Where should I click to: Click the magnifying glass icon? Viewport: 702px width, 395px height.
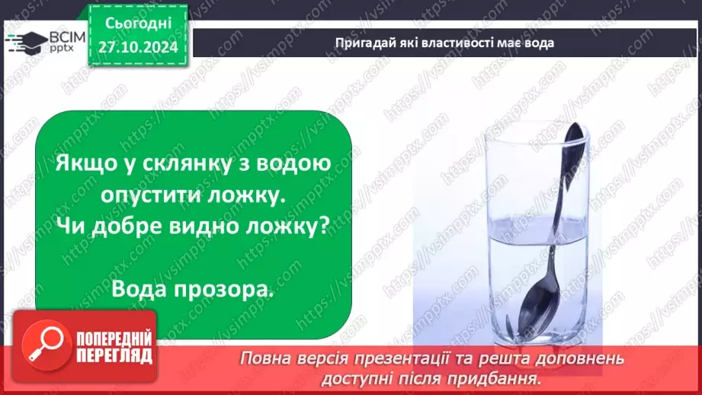pyautogui.click(x=40, y=341)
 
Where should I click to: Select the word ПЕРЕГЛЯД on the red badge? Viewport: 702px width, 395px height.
pyautogui.click(x=107, y=355)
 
